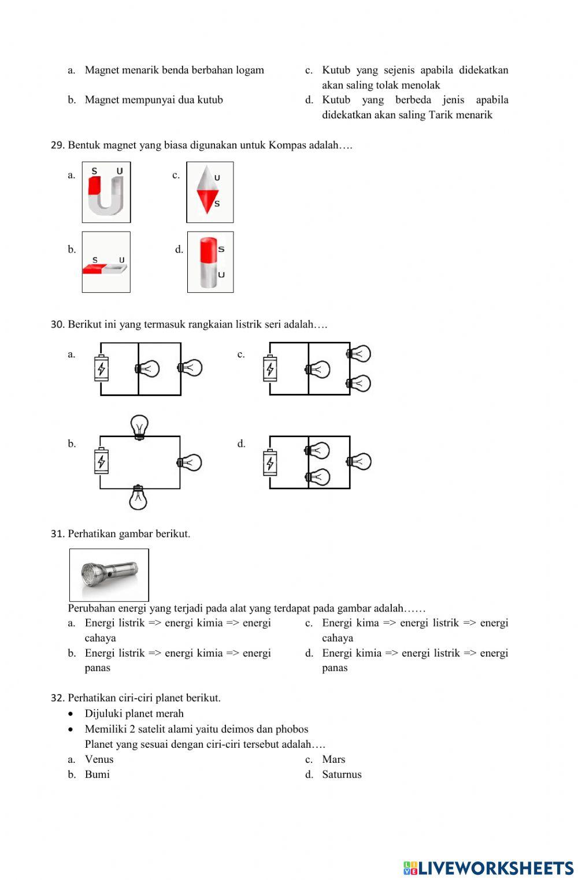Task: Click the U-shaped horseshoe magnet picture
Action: point(106,192)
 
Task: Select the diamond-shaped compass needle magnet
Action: point(209,192)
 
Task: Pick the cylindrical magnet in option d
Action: point(210,262)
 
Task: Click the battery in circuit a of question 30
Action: point(101,368)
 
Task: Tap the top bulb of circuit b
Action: point(139,427)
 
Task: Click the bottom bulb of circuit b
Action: point(138,498)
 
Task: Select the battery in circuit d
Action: point(270,463)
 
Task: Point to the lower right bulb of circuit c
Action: point(359,383)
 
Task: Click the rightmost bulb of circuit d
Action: point(359,461)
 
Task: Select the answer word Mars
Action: point(334,759)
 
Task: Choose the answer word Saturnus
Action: point(342,774)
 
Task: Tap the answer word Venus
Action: point(99,759)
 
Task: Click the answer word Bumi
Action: point(97,774)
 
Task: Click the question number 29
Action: point(57,146)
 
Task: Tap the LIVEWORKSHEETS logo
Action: point(488,868)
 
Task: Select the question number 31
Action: point(57,534)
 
